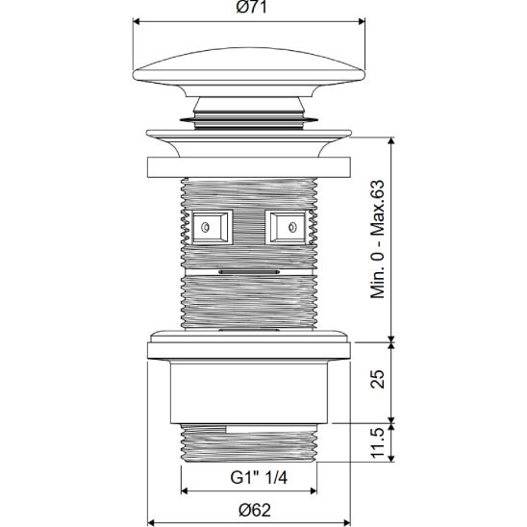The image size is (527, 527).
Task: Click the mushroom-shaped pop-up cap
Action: coord(250,73)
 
